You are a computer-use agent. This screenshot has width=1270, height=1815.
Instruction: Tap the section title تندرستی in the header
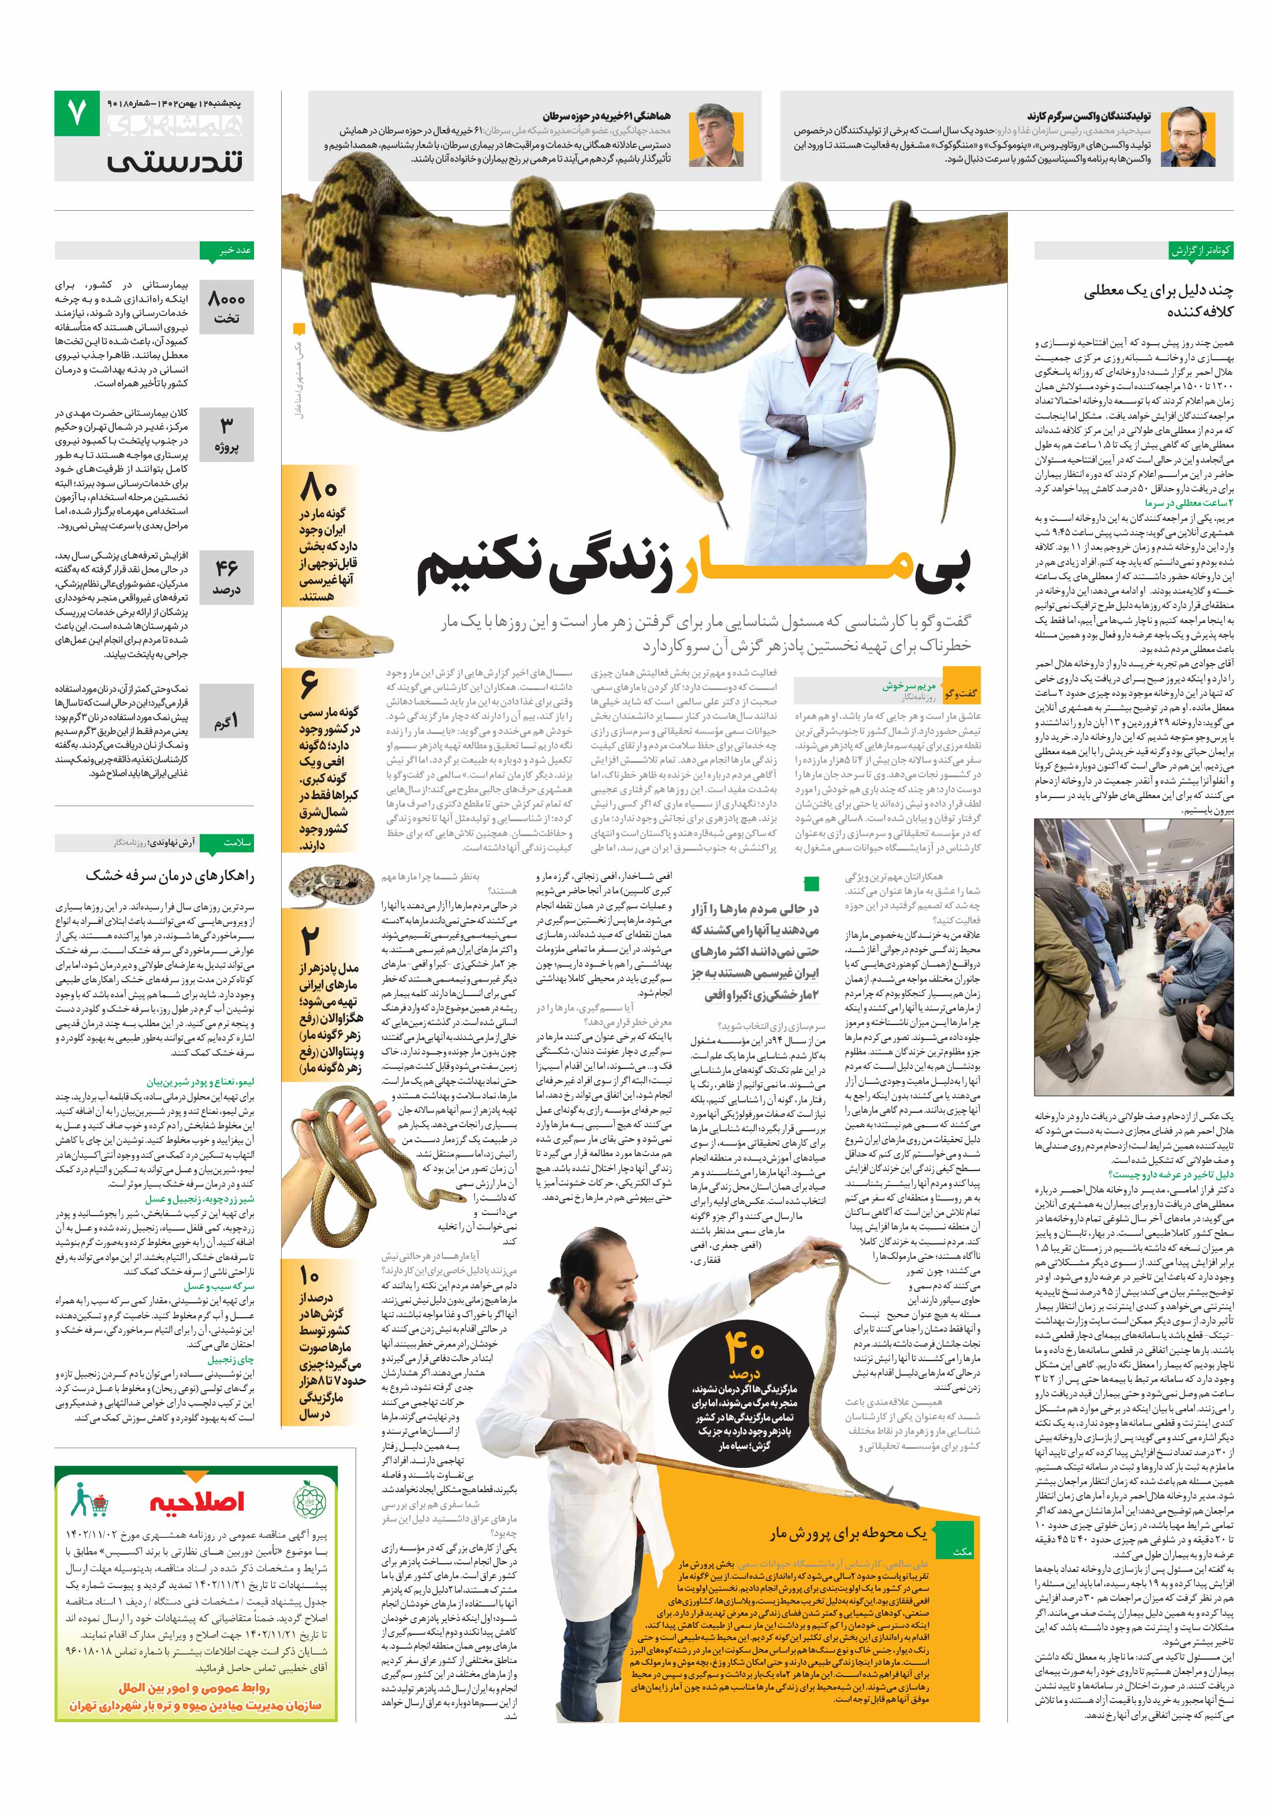coord(175,161)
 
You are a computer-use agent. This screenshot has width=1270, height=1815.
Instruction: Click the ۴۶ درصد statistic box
coord(226,577)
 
